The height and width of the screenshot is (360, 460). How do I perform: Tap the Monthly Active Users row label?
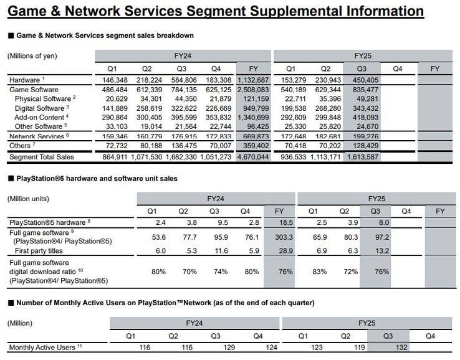click(x=41, y=347)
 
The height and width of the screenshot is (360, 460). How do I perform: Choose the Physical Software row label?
click(x=44, y=98)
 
